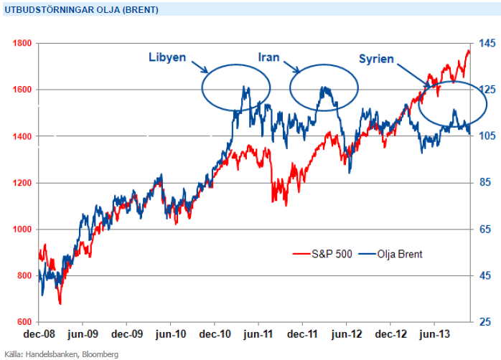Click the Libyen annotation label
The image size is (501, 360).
167,57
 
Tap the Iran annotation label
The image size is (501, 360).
269,57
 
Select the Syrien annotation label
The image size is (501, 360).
375,59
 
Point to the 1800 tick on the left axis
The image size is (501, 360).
22,43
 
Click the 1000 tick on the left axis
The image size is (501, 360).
22,229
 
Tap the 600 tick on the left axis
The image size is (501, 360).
23,322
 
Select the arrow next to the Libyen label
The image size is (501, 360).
200,66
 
